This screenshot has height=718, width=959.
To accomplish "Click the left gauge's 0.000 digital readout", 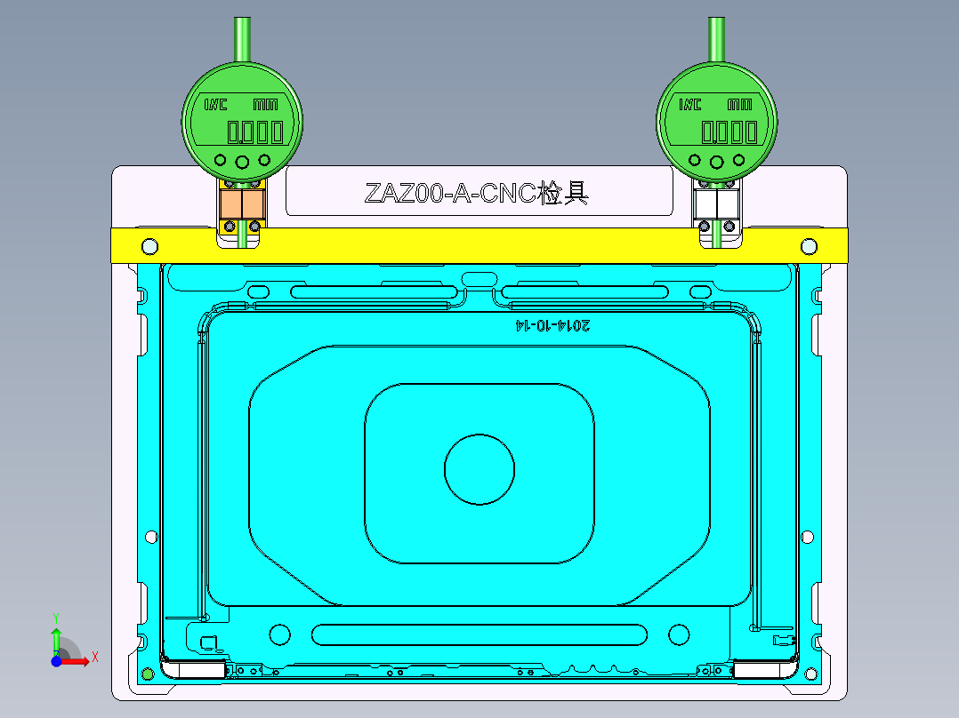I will [x=255, y=132].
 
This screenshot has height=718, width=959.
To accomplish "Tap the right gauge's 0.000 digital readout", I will [x=729, y=132].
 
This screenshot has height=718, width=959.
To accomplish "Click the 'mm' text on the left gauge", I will [x=265, y=104].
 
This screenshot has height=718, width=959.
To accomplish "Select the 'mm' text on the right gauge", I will [x=739, y=104].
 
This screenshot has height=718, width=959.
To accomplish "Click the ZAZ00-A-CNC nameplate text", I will [x=477, y=193].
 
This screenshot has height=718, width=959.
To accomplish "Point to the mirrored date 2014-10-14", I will [x=552, y=325].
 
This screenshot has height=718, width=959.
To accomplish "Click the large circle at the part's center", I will [x=479, y=470].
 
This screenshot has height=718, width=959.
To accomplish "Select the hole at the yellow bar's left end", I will [x=149, y=245].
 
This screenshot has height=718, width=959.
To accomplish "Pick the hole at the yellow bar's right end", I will [x=809, y=245].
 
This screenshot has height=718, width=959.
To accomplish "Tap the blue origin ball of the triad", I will [x=56, y=661].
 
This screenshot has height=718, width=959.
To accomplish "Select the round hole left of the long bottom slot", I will [x=279, y=634].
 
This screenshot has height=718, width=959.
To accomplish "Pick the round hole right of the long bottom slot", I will [x=679, y=634].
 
